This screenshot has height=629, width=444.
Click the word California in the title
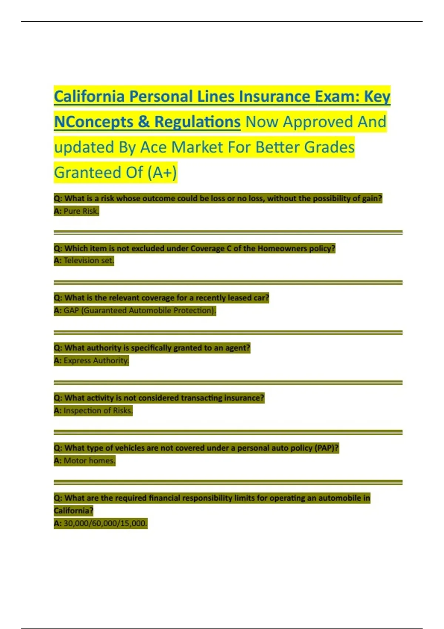[89, 97]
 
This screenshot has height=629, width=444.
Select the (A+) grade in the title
[162, 173]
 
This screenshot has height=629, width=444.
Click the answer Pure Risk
[81, 211]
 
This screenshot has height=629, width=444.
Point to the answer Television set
[88, 260]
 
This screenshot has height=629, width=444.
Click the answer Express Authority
[96, 360]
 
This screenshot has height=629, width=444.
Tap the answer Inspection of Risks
[98, 410]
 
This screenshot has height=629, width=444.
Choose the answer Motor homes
[89, 461]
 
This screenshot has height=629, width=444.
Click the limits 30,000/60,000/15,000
[105, 523]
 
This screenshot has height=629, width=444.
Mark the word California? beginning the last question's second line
[73, 511]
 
